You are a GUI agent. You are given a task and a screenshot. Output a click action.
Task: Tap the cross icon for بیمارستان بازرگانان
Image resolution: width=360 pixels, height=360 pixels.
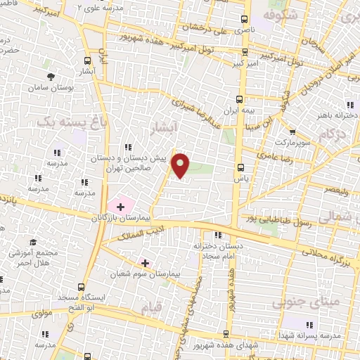pos(120,207)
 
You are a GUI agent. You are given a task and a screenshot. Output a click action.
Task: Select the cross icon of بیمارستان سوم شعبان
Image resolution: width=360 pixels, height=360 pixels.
pos(145,262)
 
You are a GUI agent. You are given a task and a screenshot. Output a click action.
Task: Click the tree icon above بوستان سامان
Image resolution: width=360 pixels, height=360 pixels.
pos(50,77)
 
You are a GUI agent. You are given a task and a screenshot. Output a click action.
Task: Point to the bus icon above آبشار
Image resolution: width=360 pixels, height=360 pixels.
pos(87,60)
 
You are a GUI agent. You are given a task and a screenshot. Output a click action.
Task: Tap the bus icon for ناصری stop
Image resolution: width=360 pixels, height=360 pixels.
pos(244,20)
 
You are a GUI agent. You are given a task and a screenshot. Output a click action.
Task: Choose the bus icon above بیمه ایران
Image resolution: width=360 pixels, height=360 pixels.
pos(240,99)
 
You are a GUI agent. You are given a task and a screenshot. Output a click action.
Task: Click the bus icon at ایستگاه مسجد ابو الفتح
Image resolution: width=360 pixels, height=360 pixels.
pos(82,287)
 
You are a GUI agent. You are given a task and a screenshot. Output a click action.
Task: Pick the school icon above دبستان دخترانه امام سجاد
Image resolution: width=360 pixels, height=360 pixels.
pos(217,235)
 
